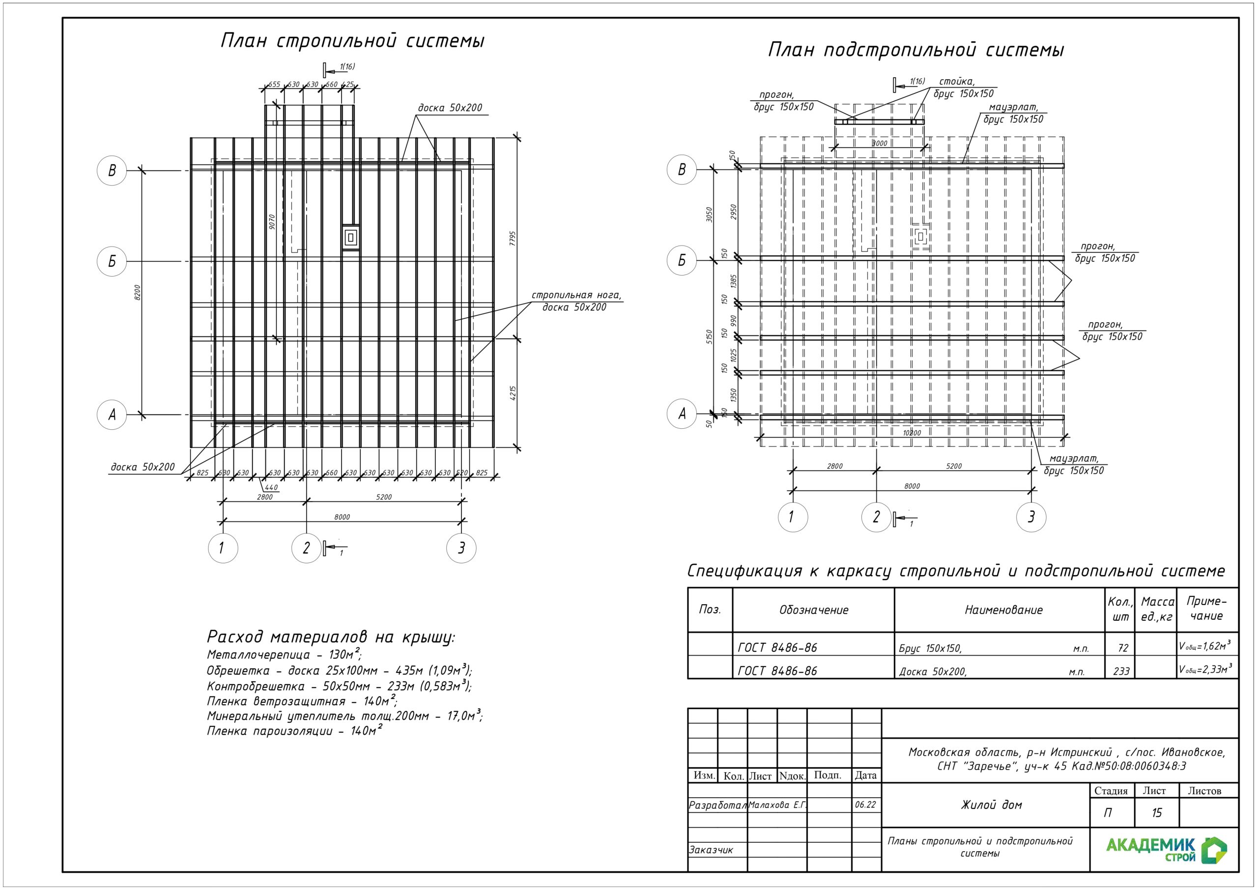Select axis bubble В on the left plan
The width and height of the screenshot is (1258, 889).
[112, 170]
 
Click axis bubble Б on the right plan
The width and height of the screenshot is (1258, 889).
[682, 260]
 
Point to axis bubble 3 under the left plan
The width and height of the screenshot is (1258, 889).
[461, 548]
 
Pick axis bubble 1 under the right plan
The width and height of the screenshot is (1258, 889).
[792, 517]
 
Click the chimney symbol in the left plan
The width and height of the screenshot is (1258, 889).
[351, 238]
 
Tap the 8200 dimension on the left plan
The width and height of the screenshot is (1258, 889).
[138, 292]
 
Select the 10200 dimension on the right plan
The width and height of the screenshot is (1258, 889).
[912, 433]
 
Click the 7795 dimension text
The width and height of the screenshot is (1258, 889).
[513, 239]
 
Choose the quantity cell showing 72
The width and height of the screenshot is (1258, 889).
[1123, 648]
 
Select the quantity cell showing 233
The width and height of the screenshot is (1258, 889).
[1121, 671]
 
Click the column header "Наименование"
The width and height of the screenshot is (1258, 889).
[1003, 610]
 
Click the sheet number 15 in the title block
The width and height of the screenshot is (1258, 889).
[1157, 813]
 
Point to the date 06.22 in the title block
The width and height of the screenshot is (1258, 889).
[865, 805]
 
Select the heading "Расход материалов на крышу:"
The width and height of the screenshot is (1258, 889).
[331, 637]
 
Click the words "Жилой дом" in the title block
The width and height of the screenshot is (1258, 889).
[991, 805]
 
